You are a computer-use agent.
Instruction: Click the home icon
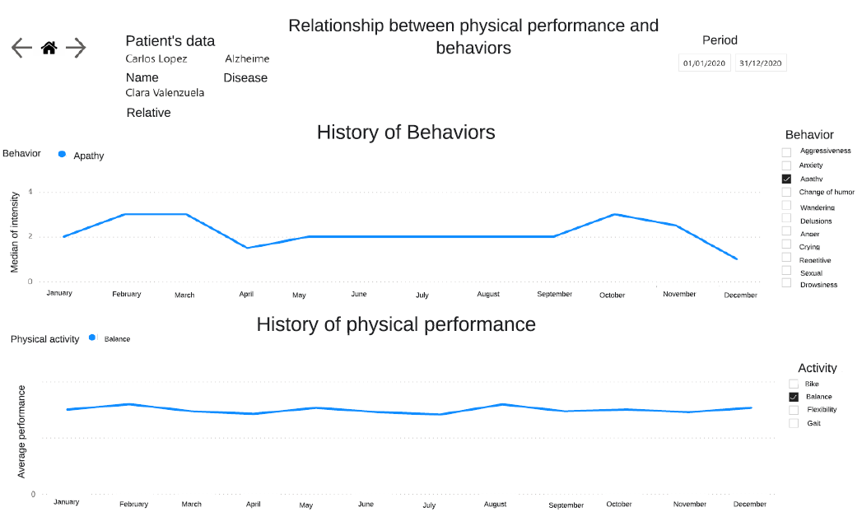(49, 48)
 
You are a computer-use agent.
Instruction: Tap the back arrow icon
(21, 48)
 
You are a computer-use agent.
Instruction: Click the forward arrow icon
(76, 48)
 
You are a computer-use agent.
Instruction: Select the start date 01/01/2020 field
(705, 63)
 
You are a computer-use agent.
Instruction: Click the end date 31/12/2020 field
(761, 63)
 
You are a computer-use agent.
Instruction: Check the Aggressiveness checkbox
(786, 152)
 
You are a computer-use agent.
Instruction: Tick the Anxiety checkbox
(786, 165)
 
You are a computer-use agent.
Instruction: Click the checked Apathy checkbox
(786, 179)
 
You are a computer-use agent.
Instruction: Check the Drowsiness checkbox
(786, 283)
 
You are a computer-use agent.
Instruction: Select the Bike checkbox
(794, 384)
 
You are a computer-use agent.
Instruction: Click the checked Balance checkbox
(794, 397)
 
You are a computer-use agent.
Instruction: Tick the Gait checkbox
(794, 423)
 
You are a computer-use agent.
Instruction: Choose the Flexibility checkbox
(794, 410)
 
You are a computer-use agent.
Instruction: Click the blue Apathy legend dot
(62, 155)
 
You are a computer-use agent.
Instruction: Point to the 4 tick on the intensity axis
(30, 193)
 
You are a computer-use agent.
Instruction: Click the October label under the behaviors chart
(612, 295)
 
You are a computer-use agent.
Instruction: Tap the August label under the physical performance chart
(495, 504)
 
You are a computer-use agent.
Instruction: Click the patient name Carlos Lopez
(156, 59)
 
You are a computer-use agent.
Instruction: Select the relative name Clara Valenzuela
(165, 93)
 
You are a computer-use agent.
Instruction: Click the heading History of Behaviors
(406, 133)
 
